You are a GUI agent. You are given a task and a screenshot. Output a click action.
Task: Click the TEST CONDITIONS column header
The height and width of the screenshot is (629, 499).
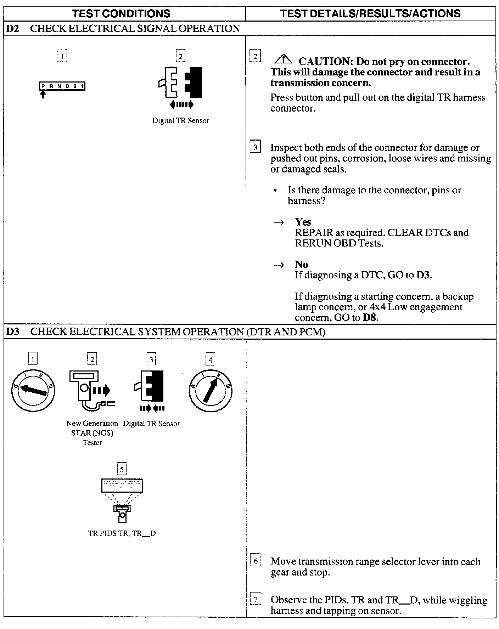click(121, 13)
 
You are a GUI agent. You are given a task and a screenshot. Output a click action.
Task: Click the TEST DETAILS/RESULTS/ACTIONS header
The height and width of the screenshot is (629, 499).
click(370, 13)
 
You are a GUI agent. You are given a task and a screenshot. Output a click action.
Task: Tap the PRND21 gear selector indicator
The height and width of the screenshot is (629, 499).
click(62, 86)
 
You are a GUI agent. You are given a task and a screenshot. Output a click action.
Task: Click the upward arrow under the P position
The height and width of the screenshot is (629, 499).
click(43, 95)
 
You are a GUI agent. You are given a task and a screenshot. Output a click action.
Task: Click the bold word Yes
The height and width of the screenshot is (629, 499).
click(303, 222)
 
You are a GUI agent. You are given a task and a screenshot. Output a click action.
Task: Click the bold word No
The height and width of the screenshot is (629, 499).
click(301, 264)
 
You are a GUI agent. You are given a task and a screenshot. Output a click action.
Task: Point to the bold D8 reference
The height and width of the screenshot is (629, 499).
click(370, 317)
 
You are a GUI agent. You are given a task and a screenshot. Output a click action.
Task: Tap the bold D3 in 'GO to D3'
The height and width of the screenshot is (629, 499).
click(424, 275)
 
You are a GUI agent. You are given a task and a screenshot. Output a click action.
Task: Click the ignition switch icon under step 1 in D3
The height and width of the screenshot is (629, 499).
click(33, 390)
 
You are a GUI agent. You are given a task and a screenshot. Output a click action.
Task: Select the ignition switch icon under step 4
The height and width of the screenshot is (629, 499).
click(211, 390)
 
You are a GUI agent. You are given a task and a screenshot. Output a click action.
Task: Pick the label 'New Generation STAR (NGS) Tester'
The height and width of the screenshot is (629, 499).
click(92, 433)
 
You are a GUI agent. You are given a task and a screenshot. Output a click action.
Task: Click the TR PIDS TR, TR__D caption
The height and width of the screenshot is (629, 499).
click(122, 533)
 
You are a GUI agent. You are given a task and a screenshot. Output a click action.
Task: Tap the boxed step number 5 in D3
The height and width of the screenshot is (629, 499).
click(122, 469)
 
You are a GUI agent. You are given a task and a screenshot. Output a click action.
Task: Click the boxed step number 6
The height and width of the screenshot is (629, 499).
click(256, 561)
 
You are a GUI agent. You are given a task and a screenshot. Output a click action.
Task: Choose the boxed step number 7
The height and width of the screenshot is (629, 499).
click(256, 600)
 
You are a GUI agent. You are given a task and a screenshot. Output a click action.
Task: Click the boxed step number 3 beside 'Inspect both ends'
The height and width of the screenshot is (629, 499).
click(256, 147)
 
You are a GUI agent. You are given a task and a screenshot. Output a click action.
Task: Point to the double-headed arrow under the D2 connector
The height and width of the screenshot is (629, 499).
click(182, 104)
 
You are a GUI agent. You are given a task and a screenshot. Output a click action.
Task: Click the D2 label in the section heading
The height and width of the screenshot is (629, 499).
click(13, 29)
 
